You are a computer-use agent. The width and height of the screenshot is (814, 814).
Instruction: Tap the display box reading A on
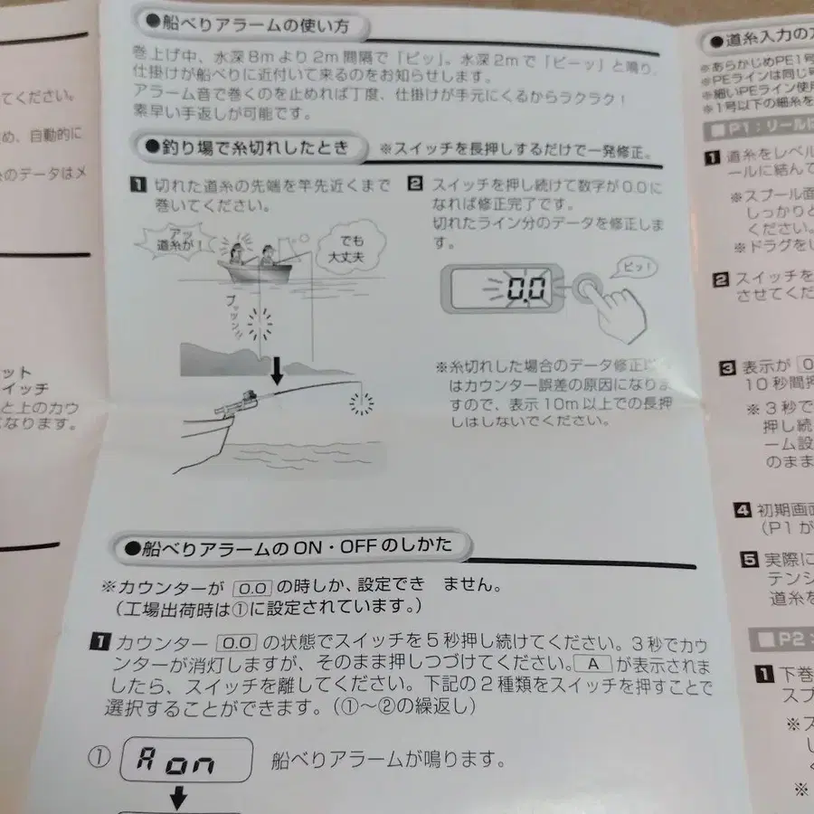point(186,762)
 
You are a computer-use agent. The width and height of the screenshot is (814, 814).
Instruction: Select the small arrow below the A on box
point(178,797)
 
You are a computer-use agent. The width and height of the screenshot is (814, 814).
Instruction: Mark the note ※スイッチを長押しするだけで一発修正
point(516,147)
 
